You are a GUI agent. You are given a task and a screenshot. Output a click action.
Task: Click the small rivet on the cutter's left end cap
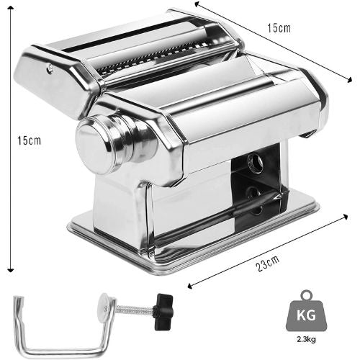(49, 68)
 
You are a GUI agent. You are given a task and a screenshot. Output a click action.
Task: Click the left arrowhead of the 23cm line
(189, 286)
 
